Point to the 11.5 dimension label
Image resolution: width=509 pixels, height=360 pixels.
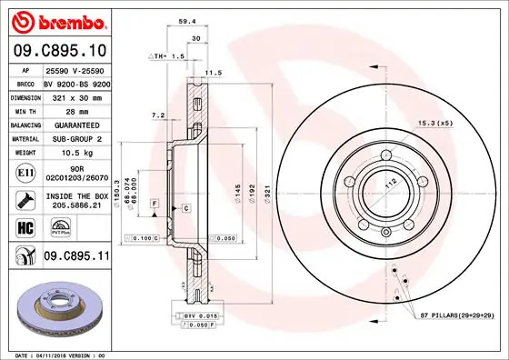pyautogui.click(x=214, y=73)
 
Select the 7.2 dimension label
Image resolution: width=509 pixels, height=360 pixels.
pyautogui.click(x=157, y=115)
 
